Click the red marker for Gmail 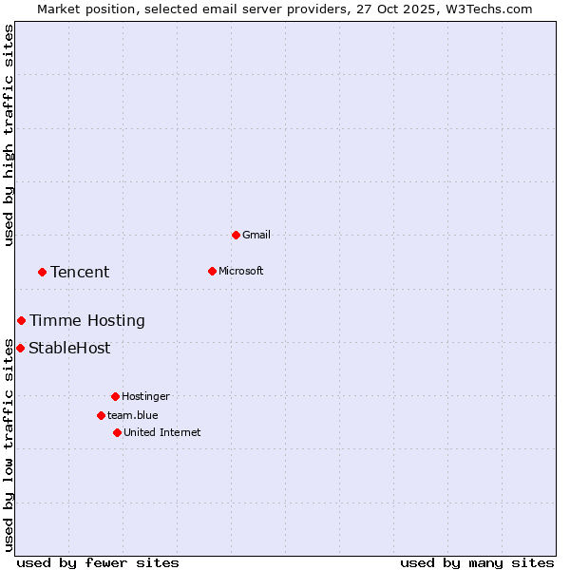[x=236, y=235]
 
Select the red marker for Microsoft [x=212, y=271]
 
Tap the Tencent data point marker [x=42, y=272]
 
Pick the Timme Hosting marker [x=21, y=320]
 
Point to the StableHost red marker [x=20, y=348]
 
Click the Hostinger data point [x=115, y=396]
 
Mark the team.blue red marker [x=101, y=415]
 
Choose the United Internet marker [x=117, y=432]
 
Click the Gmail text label [x=256, y=235]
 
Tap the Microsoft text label [x=241, y=271]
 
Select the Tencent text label [x=80, y=272]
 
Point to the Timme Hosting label [x=87, y=320]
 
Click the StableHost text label [x=69, y=348]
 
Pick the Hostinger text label [x=145, y=396]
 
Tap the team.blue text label [x=133, y=415]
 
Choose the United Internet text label [x=162, y=432]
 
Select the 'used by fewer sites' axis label [x=98, y=562]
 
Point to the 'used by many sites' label [x=477, y=562]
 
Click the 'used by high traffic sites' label [x=9, y=135]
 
